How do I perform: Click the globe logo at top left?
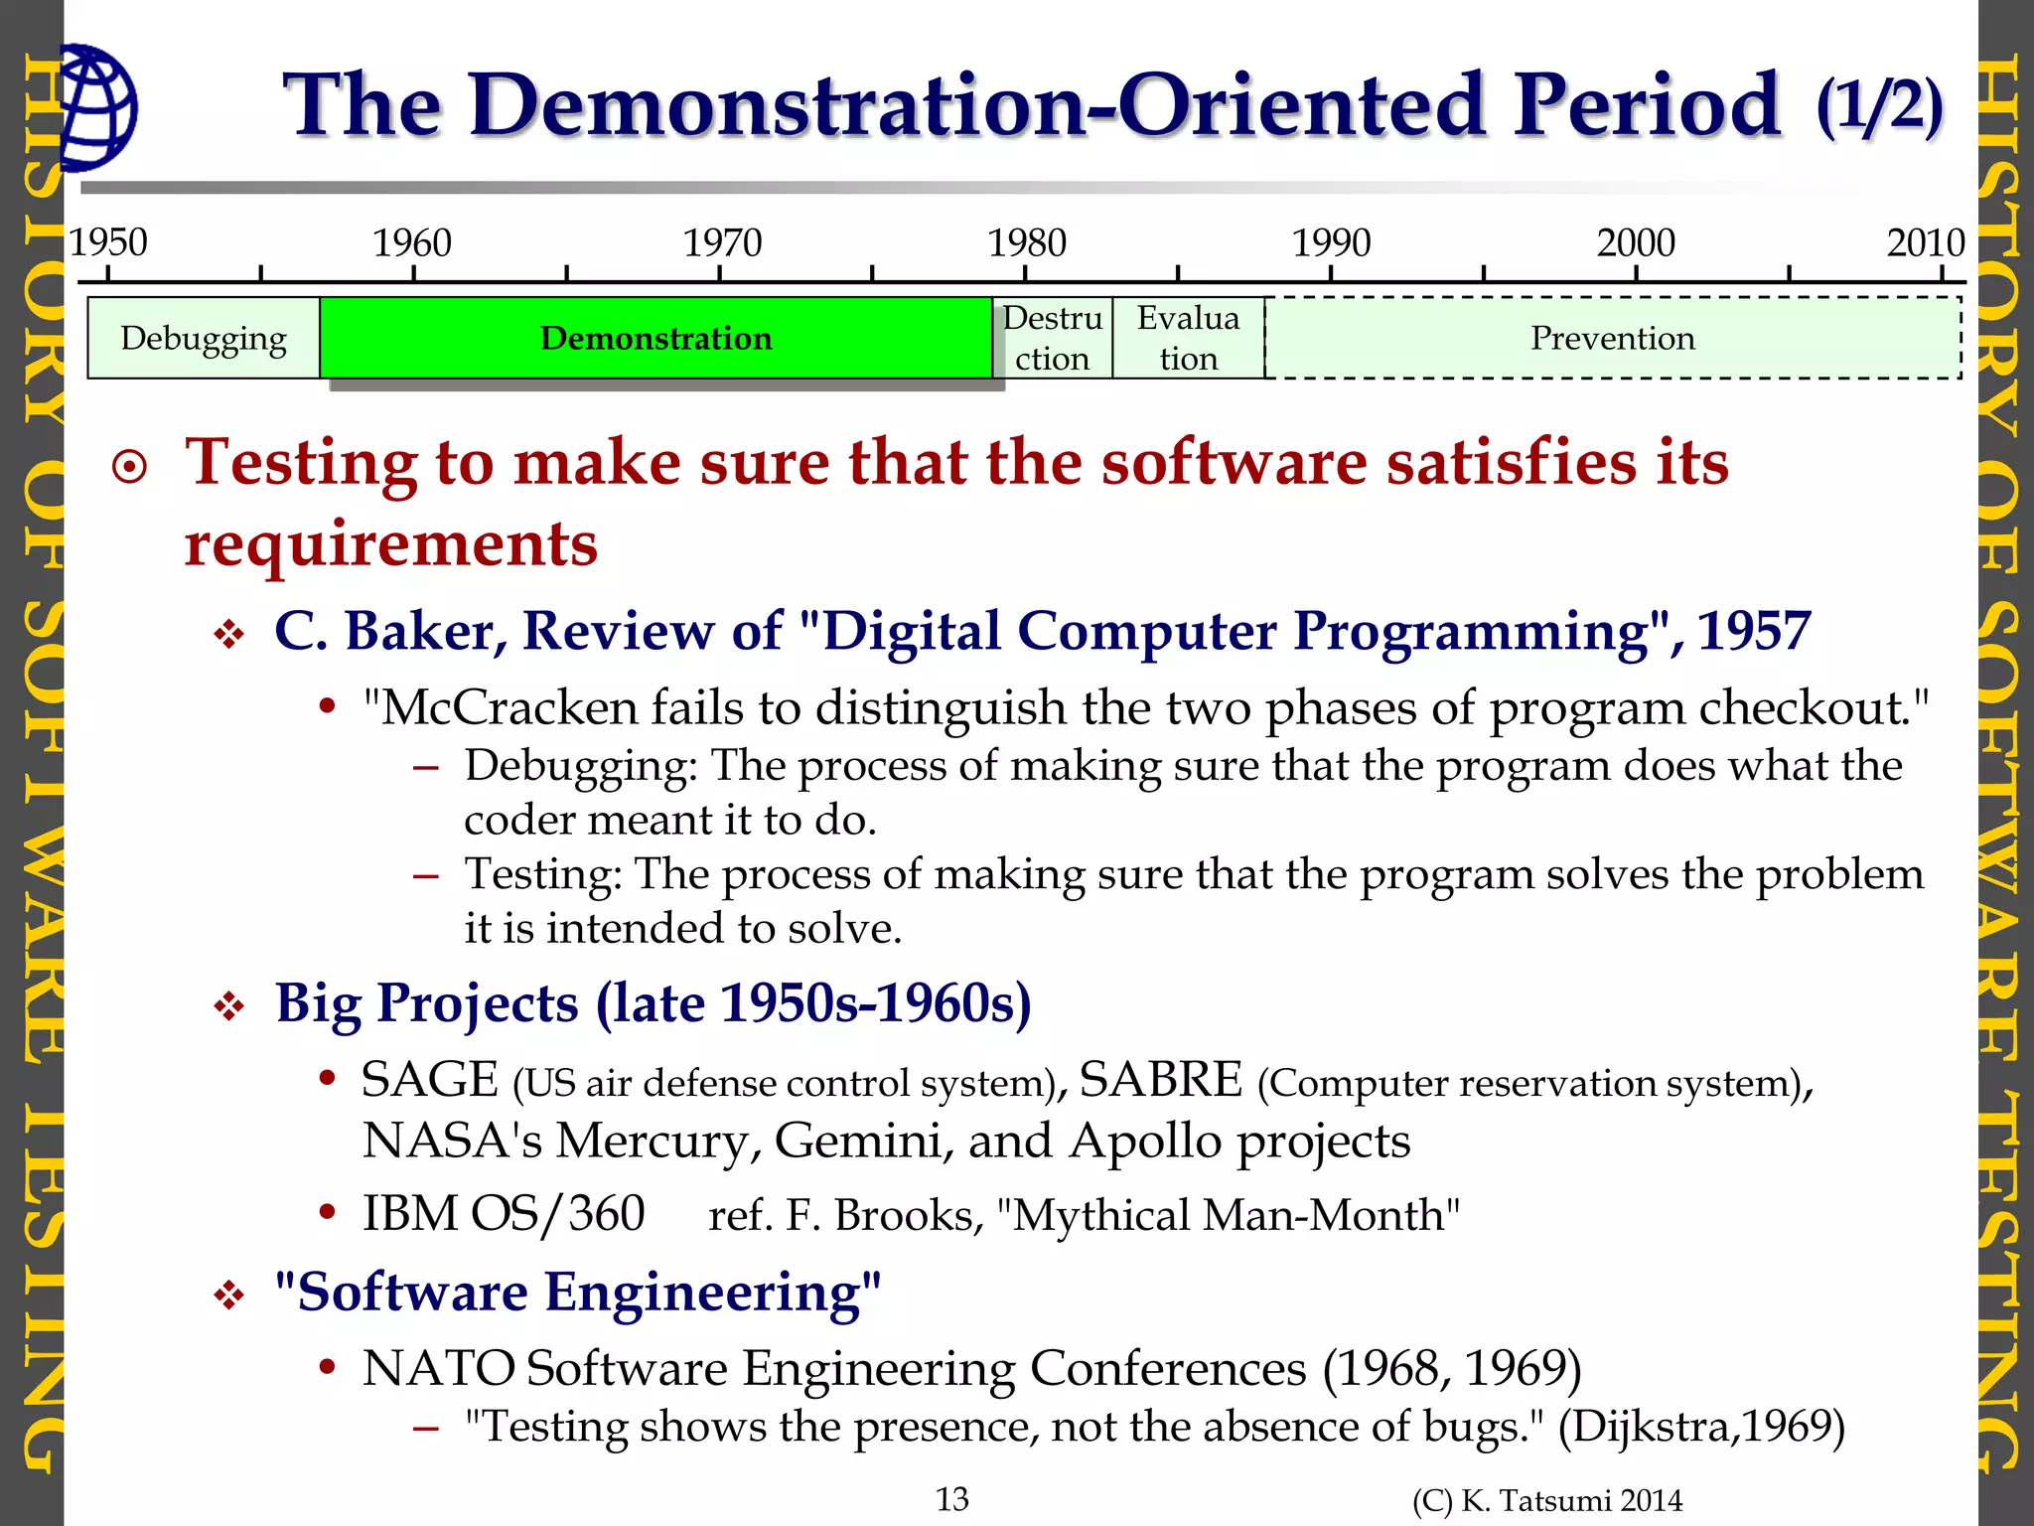97,107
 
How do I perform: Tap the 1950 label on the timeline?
107,242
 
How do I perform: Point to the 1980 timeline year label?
1026,242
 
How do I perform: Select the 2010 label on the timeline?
1926,242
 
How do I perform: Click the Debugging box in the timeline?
204,338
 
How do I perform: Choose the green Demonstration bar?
655,338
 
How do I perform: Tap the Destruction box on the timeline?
1052,338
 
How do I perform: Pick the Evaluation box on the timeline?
1188,338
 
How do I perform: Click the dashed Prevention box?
1612,338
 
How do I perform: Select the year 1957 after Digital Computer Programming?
1754,631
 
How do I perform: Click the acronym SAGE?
429,1080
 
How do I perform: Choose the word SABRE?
1160,1080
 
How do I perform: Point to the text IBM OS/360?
504,1214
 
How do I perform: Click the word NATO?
438,1368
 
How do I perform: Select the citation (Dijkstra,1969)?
1701,1427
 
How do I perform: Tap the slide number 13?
952,1499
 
